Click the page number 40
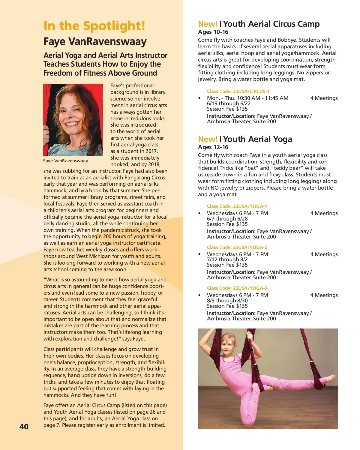click(x=24, y=427)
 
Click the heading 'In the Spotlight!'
click(x=94, y=26)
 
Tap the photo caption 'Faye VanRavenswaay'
click(x=65, y=161)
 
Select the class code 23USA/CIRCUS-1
click(x=238, y=91)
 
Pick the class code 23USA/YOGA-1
click(x=237, y=206)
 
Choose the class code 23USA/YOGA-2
click(x=237, y=247)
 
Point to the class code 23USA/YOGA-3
click(x=237, y=288)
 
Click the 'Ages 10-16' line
click(x=213, y=32)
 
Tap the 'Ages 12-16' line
click(x=213, y=147)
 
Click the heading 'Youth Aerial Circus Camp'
click(x=271, y=24)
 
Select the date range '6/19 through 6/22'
click(x=229, y=103)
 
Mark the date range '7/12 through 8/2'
click(x=227, y=259)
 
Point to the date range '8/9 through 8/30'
click(x=227, y=301)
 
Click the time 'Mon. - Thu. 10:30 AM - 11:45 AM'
click(x=247, y=98)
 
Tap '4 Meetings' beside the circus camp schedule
click(x=324, y=98)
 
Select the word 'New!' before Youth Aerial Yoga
click(x=208, y=139)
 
